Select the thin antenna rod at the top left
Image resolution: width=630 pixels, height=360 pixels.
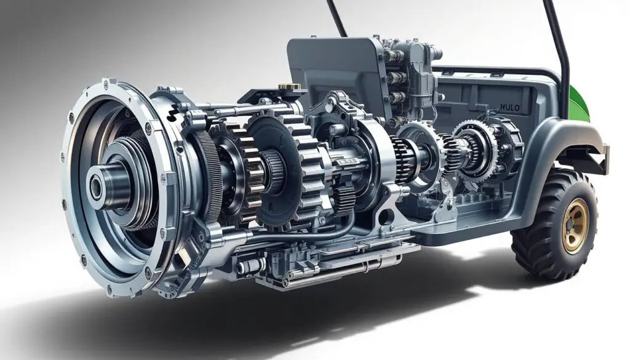337,18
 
